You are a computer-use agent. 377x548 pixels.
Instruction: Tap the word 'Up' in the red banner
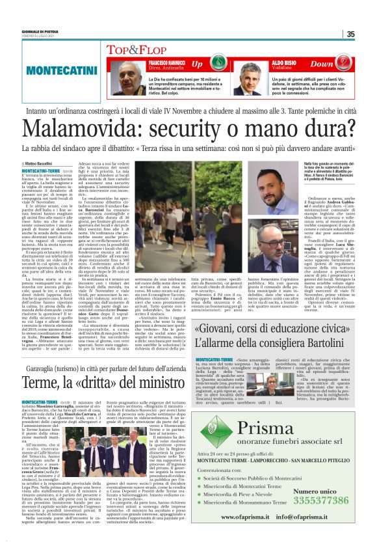(197, 64)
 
